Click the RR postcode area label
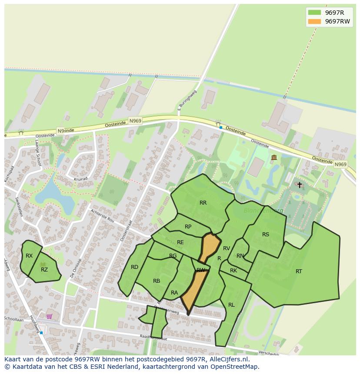click(x=203, y=203)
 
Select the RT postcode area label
click(x=299, y=271)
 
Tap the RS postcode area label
click(x=266, y=235)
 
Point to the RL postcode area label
click(x=231, y=305)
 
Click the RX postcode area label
click(x=29, y=256)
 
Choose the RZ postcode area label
click(x=44, y=270)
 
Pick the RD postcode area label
click(x=135, y=267)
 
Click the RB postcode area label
click(x=157, y=281)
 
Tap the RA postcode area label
click(x=174, y=293)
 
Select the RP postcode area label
click(x=188, y=227)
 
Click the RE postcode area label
click(x=180, y=242)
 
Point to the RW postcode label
click(x=200, y=270)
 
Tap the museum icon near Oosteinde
click(x=274, y=157)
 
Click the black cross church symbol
click(x=300, y=185)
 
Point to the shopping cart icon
click(x=49, y=316)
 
